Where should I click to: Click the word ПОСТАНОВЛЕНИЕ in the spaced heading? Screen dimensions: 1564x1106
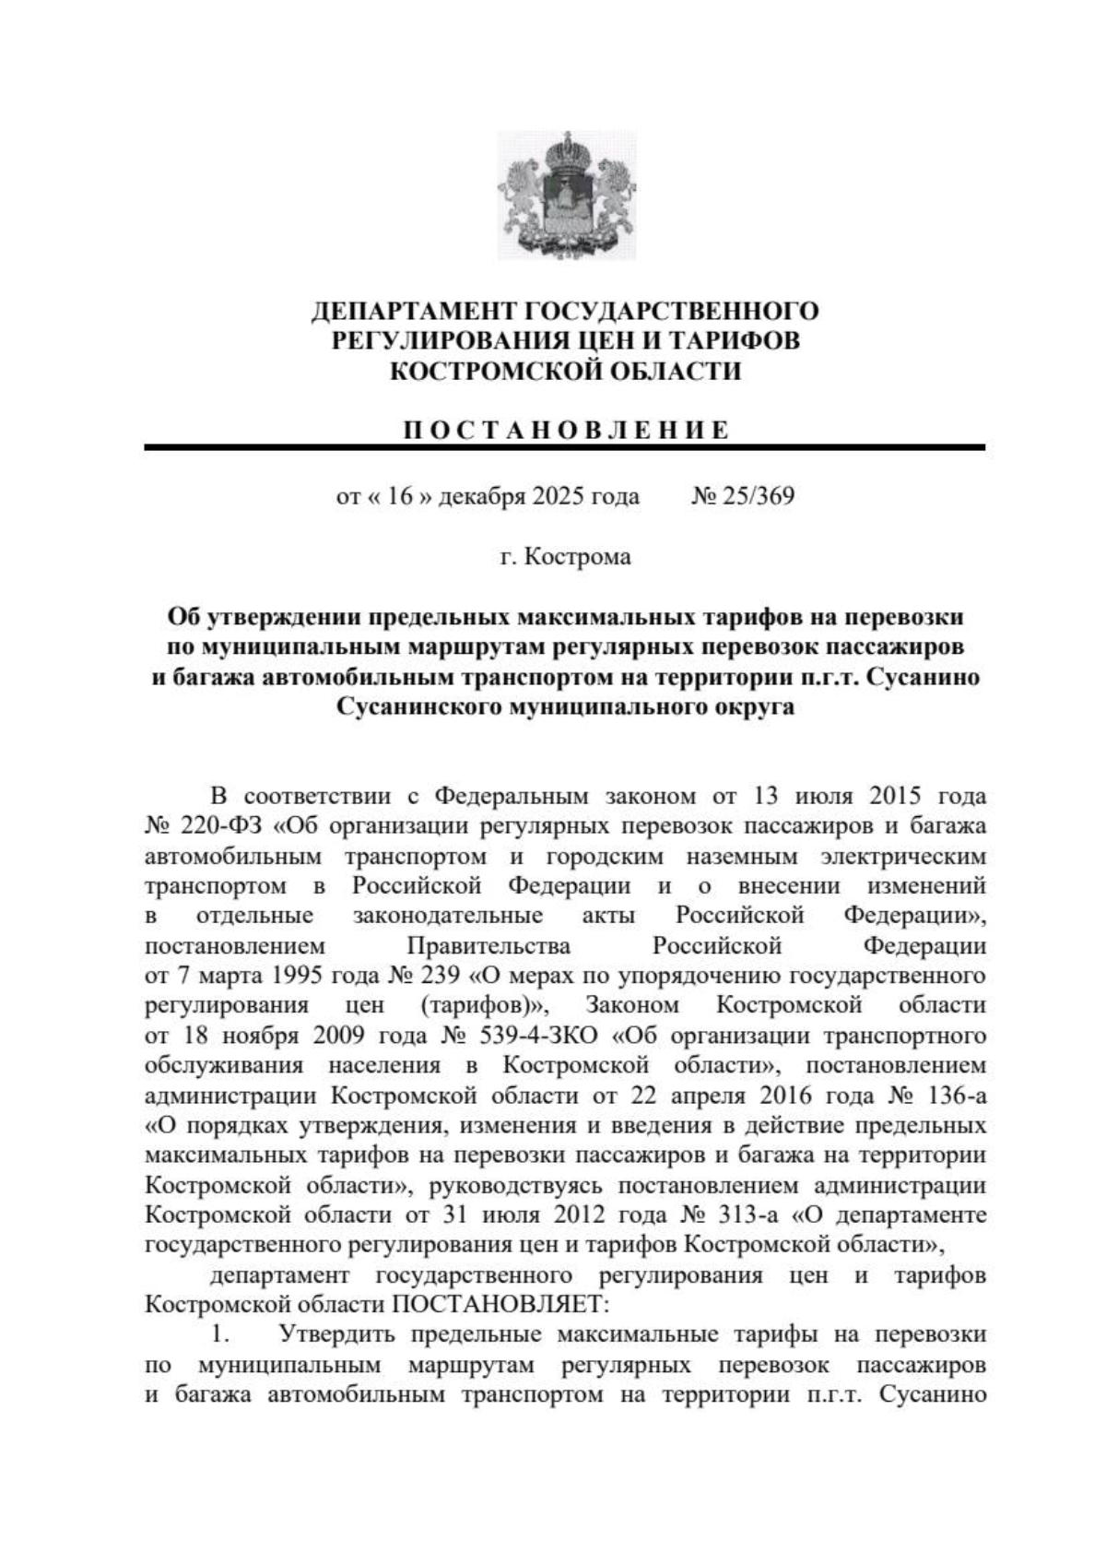[565, 431]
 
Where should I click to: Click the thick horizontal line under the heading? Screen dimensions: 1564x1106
[565, 447]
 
